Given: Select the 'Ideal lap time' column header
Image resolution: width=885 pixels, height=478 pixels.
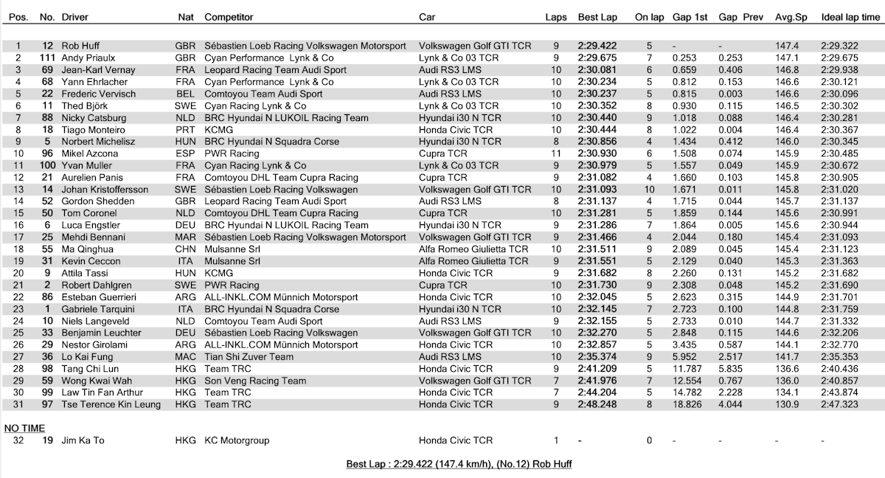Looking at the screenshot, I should click(850, 16).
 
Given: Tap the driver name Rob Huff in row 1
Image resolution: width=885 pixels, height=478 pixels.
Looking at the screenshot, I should click(80, 46).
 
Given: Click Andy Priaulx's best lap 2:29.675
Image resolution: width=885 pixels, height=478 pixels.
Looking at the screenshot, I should click(597, 58).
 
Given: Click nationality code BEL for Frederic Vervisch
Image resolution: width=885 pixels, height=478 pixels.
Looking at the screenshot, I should click(185, 94).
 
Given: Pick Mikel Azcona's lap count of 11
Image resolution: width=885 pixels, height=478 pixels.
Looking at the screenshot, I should click(556, 153).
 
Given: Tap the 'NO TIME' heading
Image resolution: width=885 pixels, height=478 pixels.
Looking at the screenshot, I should click(24, 428).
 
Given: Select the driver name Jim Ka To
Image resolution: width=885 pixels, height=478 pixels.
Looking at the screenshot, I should click(83, 440).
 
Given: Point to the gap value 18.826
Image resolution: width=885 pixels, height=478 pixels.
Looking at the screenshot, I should click(684, 404).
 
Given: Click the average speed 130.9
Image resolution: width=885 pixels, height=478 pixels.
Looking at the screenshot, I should click(788, 404).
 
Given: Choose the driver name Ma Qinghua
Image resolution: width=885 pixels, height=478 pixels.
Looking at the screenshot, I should click(88, 249).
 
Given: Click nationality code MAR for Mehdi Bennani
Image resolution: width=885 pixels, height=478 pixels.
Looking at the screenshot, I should click(185, 237).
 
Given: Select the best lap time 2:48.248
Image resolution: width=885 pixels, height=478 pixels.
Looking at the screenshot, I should click(597, 404).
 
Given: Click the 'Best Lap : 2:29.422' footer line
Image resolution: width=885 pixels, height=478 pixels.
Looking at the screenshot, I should click(459, 464).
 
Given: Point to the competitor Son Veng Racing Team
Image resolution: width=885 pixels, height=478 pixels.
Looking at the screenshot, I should click(255, 381).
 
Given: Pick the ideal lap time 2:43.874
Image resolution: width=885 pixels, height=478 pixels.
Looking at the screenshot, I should click(850, 392).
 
